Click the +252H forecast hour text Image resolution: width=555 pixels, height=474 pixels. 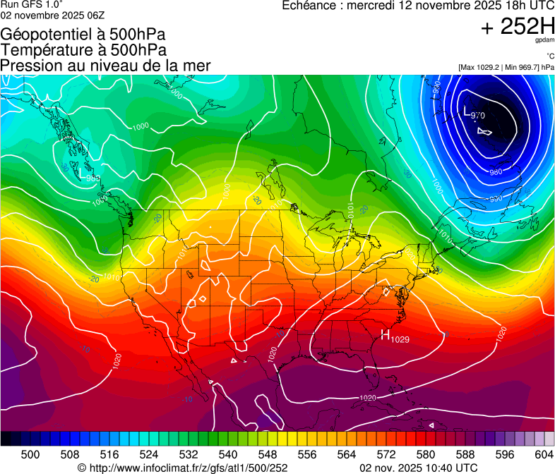(x=518, y=27)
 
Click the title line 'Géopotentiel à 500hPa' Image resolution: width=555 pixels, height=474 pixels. (x=83, y=35)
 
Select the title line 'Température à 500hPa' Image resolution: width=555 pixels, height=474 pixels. (x=83, y=50)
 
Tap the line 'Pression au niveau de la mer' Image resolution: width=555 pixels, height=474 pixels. (x=105, y=66)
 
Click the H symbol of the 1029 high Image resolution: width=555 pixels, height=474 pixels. (x=386, y=335)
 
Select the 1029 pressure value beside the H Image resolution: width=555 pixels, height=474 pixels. (x=400, y=339)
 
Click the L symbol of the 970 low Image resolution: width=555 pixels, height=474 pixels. (x=466, y=111)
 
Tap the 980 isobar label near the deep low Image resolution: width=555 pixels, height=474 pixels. (x=496, y=172)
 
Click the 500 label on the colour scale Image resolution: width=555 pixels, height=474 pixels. (x=30, y=455)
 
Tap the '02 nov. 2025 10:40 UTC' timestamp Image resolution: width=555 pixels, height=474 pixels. (x=419, y=467)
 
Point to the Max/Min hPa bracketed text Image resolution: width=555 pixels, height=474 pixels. (x=506, y=67)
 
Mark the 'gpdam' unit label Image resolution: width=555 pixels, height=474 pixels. (x=545, y=40)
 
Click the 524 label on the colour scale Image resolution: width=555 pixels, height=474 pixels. (x=149, y=455)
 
